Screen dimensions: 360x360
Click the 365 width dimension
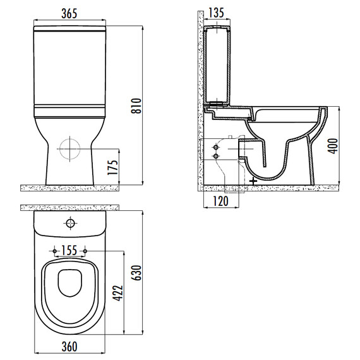tap(70, 13)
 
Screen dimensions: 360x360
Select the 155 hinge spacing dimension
tap(70, 251)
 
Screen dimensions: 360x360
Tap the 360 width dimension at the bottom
tap(69, 347)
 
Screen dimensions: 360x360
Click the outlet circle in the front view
tap(70, 149)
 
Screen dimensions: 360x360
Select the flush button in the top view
tap(69, 223)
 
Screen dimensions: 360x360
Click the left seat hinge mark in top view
tap(56, 251)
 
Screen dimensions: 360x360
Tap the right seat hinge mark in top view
tap(85, 251)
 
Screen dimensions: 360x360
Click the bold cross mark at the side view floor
tap(253, 181)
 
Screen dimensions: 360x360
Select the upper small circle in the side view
tap(216, 145)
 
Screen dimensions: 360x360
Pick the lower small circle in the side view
tap(216, 155)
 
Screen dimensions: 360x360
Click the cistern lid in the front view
tap(70, 29)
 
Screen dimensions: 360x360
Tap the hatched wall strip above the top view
tap(70, 207)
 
